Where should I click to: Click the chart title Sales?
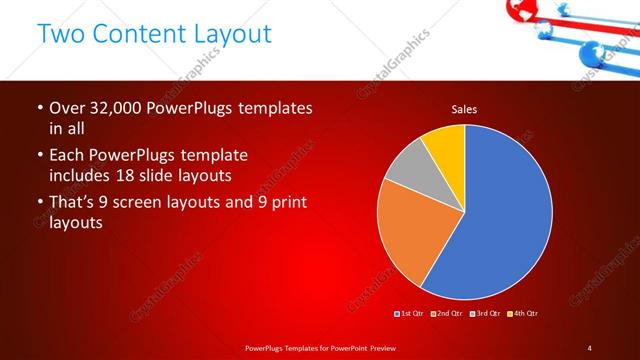click(x=464, y=108)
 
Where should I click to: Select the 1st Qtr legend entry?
click(x=410, y=314)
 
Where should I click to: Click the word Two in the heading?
click(x=59, y=33)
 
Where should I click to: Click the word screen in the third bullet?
click(x=157, y=203)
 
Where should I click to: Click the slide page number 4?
click(x=590, y=347)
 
